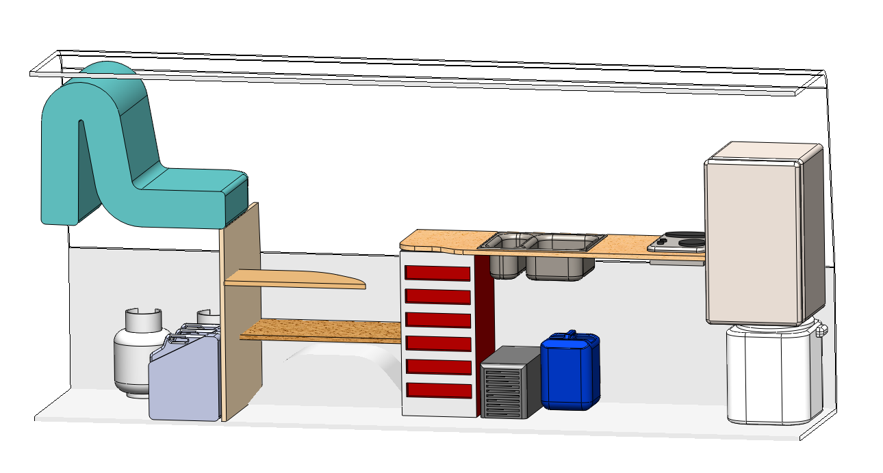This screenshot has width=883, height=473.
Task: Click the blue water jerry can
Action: pos(570,373)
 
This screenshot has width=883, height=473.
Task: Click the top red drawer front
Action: pos(438,273)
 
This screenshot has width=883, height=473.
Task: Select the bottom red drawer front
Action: pos(438,390)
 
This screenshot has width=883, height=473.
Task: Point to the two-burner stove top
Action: pos(678,241)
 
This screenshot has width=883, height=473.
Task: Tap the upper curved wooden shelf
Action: pos(301,279)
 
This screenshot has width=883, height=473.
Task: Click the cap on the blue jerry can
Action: pos(570,334)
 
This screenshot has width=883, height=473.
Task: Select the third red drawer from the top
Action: pos(438,320)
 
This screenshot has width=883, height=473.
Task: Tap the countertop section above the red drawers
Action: pos(435,239)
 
